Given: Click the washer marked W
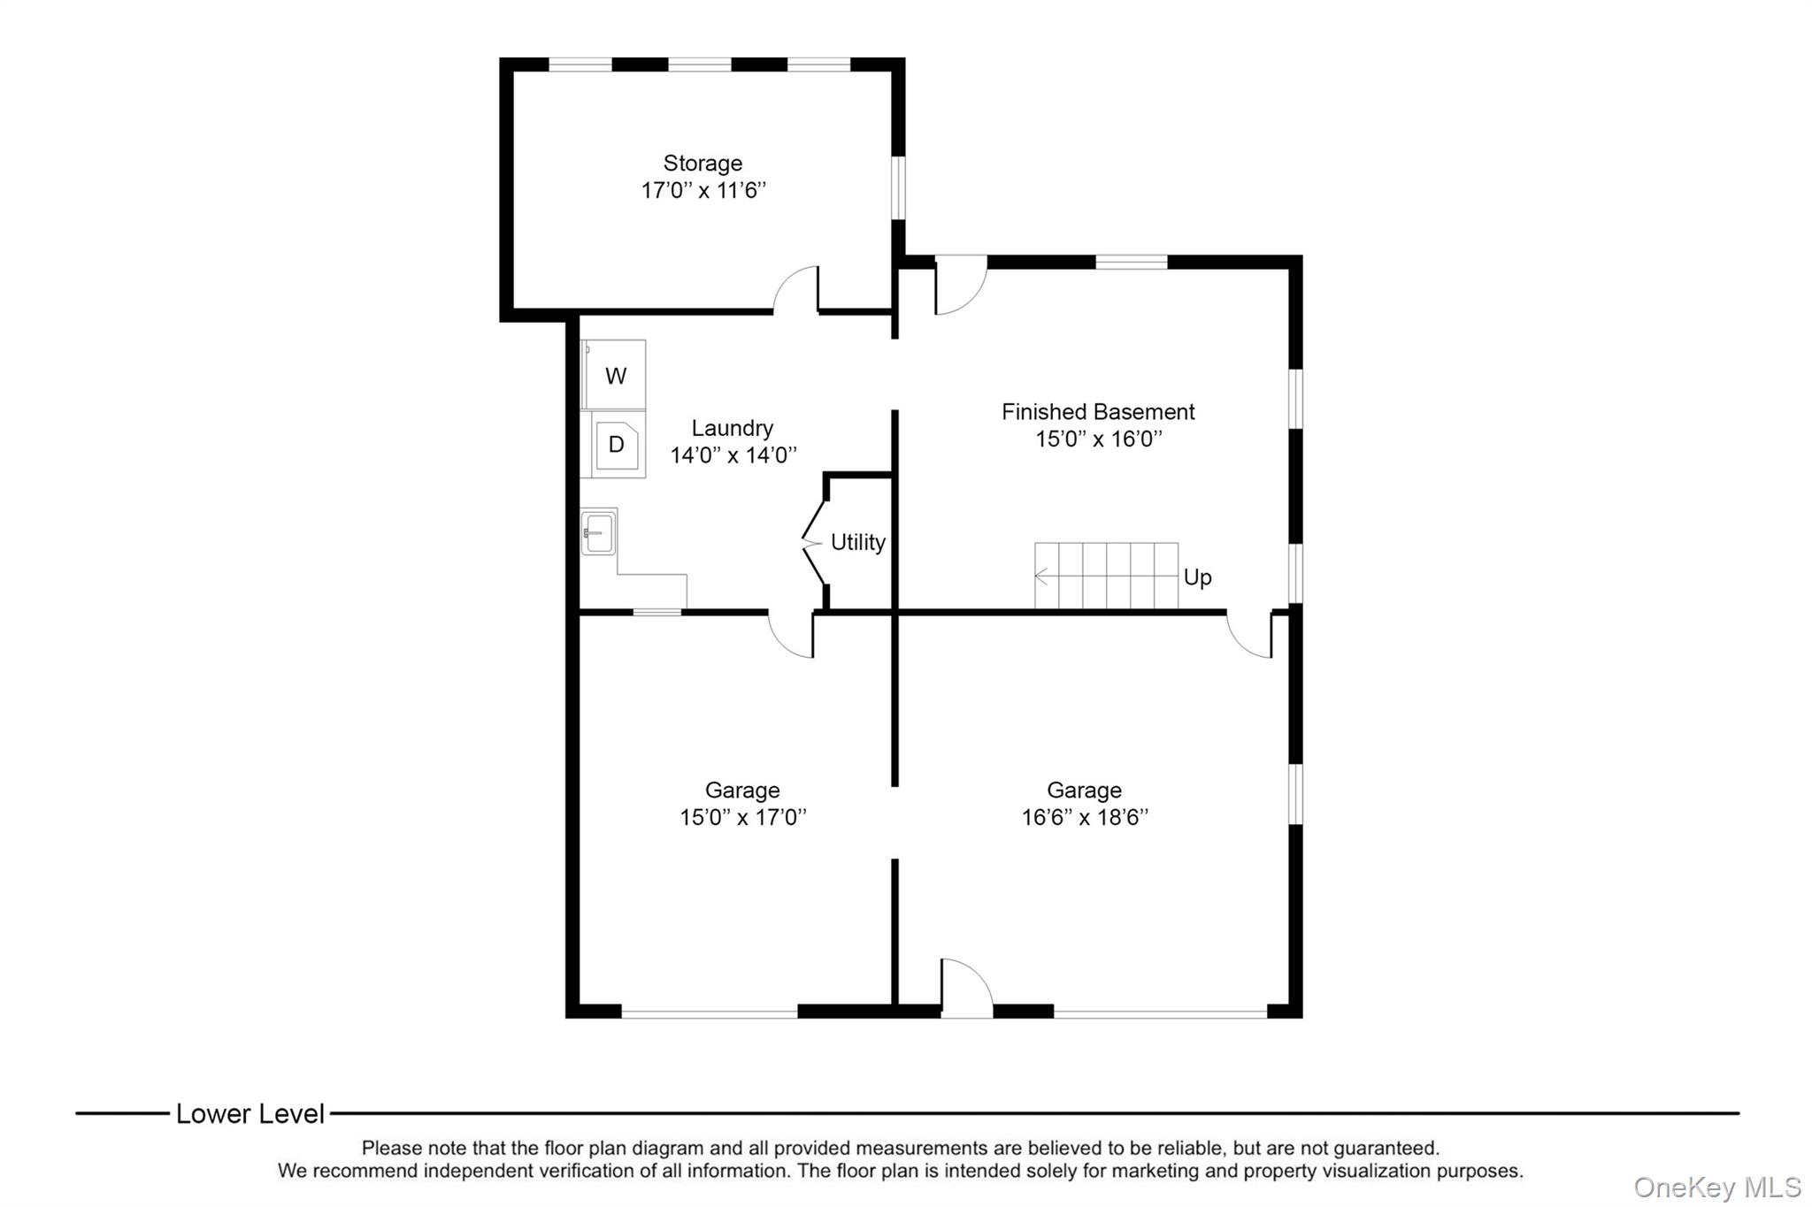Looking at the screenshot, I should point(615,376).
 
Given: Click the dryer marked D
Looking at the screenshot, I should point(616,445).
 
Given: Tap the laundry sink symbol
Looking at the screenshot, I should point(599,532).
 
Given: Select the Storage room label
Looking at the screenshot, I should point(703,164).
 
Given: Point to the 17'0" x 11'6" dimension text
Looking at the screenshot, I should point(703,191).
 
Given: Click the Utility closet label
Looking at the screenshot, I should point(857,542).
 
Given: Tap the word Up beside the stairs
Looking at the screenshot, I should point(1197,577).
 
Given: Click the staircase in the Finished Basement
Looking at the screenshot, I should point(1106,576).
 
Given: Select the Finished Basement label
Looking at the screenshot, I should point(1097,412).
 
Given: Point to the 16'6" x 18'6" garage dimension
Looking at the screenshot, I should point(1084,818).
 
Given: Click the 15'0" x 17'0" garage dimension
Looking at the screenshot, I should point(742,818).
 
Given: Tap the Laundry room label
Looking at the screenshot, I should point(732,429).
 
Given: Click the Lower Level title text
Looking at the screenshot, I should point(250,1114).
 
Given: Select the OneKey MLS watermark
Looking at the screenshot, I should point(1716,1188).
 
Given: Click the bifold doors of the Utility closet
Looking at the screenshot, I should point(814,542).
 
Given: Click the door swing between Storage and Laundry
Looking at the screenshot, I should point(796,290).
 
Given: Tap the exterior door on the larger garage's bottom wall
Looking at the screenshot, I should point(966,989).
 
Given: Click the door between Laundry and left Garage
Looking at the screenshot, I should point(792,635).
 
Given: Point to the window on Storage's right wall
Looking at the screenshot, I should point(898,187).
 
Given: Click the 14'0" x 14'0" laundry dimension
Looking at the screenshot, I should point(733,456).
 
